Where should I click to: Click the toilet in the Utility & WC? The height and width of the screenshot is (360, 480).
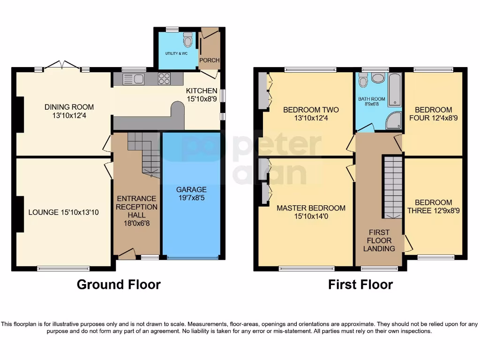[188, 41]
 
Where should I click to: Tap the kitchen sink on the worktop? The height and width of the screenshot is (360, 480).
[133, 79]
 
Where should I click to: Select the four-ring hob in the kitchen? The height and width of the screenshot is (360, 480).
[164, 79]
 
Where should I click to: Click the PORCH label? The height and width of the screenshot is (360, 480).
[210, 60]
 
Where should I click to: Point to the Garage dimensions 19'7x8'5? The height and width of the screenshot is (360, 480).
[191, 198]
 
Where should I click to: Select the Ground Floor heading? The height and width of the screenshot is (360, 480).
[119, 285]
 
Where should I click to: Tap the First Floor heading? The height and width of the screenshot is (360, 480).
[360, 285]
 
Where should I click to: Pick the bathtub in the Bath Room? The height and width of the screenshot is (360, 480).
[395, 89]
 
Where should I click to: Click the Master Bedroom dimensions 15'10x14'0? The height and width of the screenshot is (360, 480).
[311, 217]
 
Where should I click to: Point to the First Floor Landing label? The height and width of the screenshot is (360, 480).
[379, 240]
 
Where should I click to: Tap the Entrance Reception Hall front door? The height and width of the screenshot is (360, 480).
[126, 254]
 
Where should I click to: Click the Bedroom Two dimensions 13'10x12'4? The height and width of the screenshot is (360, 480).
[311, 119]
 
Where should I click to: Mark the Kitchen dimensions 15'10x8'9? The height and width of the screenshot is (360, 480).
[202, 99]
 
